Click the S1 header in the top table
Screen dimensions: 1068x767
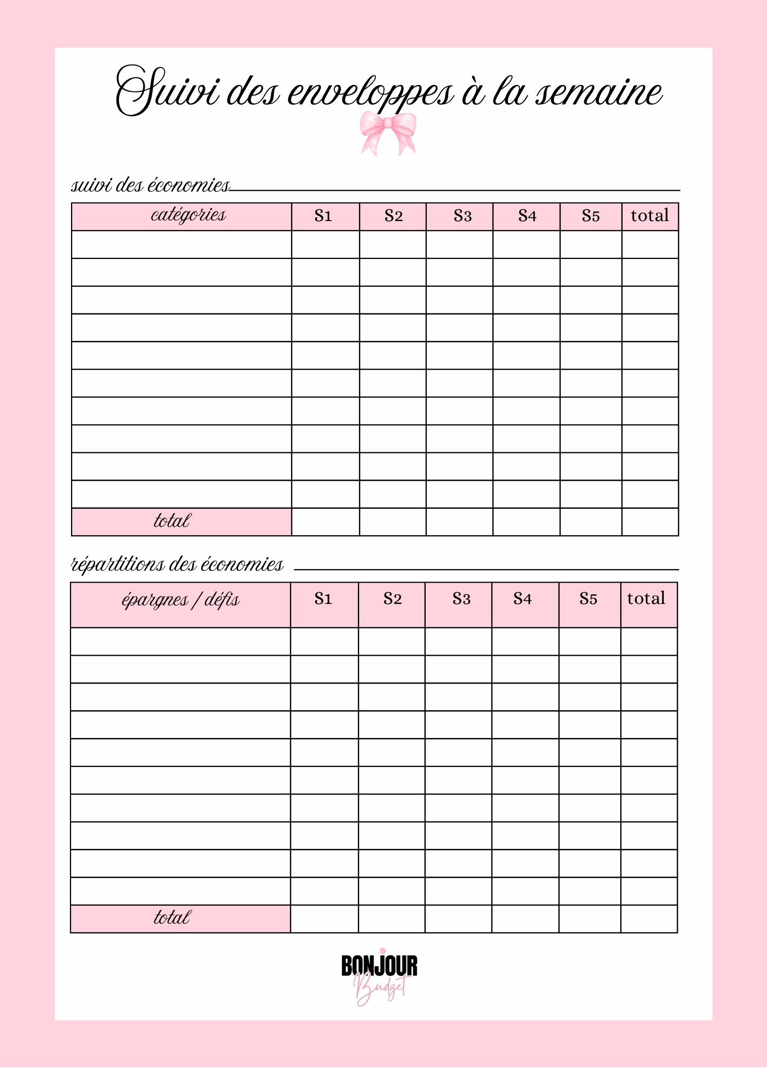(x=324, y=216)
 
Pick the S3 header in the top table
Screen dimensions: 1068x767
(x=463, y=216)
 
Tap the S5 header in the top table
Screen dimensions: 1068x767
(x=591, y=216)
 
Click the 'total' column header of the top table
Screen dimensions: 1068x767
(x=649, y=216)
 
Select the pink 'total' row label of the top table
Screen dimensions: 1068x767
(x=182, y=521)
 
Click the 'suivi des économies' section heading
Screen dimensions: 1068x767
(x=151, y=185)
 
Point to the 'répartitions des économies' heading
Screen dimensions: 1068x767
(x=177, y=564)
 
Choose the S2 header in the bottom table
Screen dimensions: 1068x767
(x=392, y=599)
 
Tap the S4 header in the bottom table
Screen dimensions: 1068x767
(x=522, y=599)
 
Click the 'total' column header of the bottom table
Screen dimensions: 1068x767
(x=646, y=599)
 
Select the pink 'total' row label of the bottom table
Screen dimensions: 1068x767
(x=181, y=918)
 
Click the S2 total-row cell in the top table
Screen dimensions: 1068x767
(x=393, y=522)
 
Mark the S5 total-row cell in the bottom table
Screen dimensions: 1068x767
(x=590, y=919)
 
